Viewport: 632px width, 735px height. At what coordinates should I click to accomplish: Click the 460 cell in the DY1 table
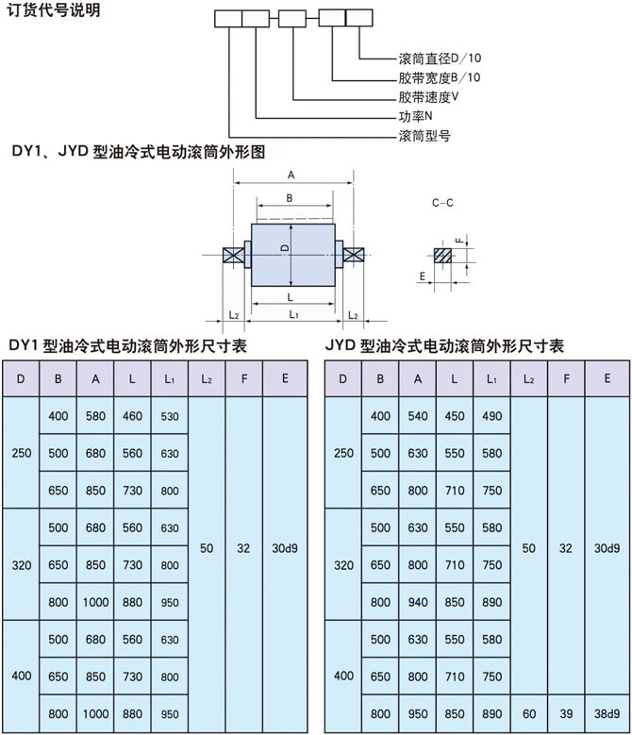pos(132,416)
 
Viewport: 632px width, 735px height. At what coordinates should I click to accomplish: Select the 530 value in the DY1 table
pos(170,416)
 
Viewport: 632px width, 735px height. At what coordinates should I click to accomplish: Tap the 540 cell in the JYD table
pos(418,416)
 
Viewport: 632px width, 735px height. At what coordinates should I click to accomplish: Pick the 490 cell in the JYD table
pos(491,416)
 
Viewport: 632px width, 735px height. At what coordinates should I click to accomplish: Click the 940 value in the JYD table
pos(418,602)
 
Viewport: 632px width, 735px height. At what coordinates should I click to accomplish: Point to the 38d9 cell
pos(607,713)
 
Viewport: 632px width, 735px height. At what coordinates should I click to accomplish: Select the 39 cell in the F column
pos(566,713)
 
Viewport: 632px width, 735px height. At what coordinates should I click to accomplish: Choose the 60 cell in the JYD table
pos(529,713)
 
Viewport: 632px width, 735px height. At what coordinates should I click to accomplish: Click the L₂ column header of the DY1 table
pos(207,378)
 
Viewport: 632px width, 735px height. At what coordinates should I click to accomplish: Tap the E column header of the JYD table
pos(607,378)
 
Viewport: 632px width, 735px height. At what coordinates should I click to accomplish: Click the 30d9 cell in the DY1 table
pos(285,548)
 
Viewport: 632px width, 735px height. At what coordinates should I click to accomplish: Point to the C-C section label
pos(442,203)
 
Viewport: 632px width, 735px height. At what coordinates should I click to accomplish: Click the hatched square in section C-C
pos(442,256)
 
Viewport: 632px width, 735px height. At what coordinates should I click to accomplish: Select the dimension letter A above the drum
pos(291,175)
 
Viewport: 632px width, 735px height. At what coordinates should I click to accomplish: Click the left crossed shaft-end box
pos(233,256)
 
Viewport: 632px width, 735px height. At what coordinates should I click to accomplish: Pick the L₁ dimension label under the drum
pos(293,314)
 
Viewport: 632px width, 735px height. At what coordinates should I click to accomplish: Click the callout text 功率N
pos(416,116)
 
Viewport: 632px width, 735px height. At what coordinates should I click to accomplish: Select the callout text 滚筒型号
pos(424,136)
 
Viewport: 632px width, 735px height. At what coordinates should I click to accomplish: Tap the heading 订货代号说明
pos(54,9)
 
